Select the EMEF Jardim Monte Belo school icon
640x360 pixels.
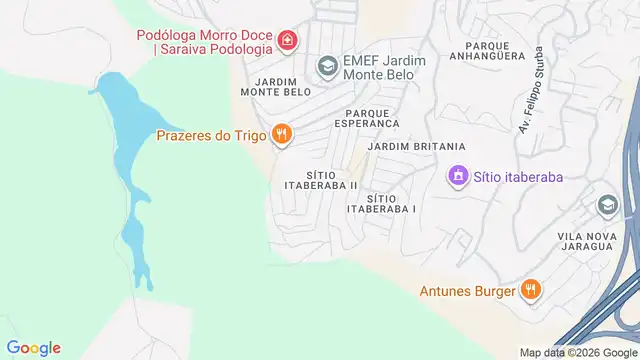click(326, 67)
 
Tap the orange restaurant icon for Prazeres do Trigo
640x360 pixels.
click(283, 133)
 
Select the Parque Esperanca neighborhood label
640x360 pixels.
click(372, 118)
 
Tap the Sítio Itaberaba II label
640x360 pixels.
click(321, 179)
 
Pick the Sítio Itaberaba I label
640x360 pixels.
click(381, 204)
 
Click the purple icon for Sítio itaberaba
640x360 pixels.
click(458, 176)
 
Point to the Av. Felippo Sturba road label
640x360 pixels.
click(531, 90)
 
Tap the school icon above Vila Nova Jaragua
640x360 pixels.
click(606, 206)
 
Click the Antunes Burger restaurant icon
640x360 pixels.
click(531, 290)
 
